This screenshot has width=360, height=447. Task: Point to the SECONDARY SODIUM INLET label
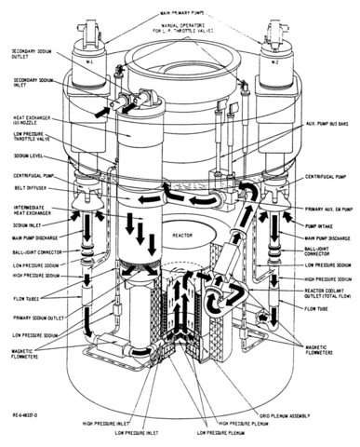31,83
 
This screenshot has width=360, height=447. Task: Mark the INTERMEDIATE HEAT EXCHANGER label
31,208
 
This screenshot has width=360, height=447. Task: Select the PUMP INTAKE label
323,224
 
